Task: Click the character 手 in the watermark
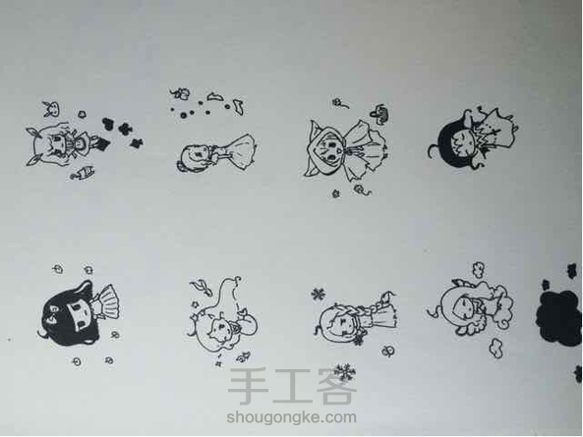[x=248, y=386]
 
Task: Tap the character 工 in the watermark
[x=291, y=386]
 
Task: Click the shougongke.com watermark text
[x=291, y=417]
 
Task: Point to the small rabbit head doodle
[x=52, y=109]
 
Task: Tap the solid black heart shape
[x=108, y=124]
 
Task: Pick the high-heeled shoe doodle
[x=239, y=107]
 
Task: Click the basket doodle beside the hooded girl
[x=380, y=114]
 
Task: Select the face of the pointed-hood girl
[x=329, y=151]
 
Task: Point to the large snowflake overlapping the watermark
[x=344, y=371]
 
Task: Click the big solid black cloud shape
[x=558, y=318]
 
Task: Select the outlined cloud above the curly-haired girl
[x=478, y=270]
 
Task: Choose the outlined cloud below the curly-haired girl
[x=496, y=349]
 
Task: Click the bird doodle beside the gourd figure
[x=201, y=286]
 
